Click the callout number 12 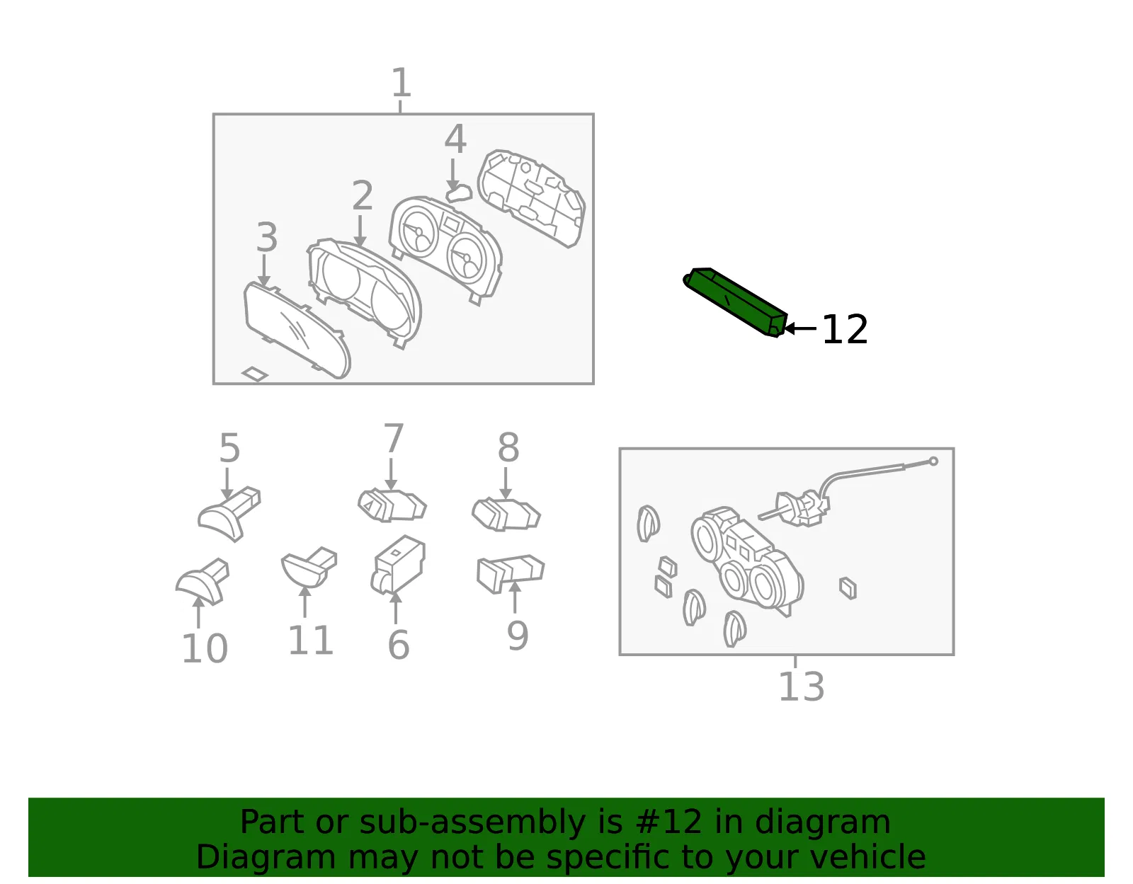coord(844,329)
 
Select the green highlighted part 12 coord(735,302)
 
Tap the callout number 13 coord(802,687)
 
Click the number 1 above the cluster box coord(401,82)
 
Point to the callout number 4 coord(455,139)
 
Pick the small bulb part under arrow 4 coord(459,194)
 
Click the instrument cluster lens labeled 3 coord(297,331)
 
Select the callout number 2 coord(363,196)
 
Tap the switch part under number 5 coord(229,514)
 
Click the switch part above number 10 coord(203,582)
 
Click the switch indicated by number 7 coord(392,505)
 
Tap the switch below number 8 coord(506,515)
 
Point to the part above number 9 coord(511,573)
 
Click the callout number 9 coord(518,636)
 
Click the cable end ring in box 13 coord(933,461)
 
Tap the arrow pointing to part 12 coord(799,328)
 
